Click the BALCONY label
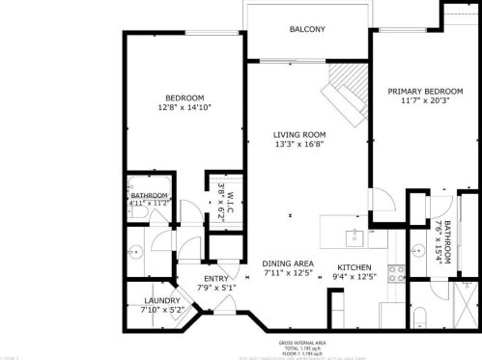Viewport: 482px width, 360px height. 307,30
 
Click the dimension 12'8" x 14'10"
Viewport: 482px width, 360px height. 183,108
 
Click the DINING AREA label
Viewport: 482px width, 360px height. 288,263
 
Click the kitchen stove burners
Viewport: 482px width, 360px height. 394,272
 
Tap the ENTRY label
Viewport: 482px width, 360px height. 216,279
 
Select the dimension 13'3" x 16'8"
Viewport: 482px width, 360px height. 298,145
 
